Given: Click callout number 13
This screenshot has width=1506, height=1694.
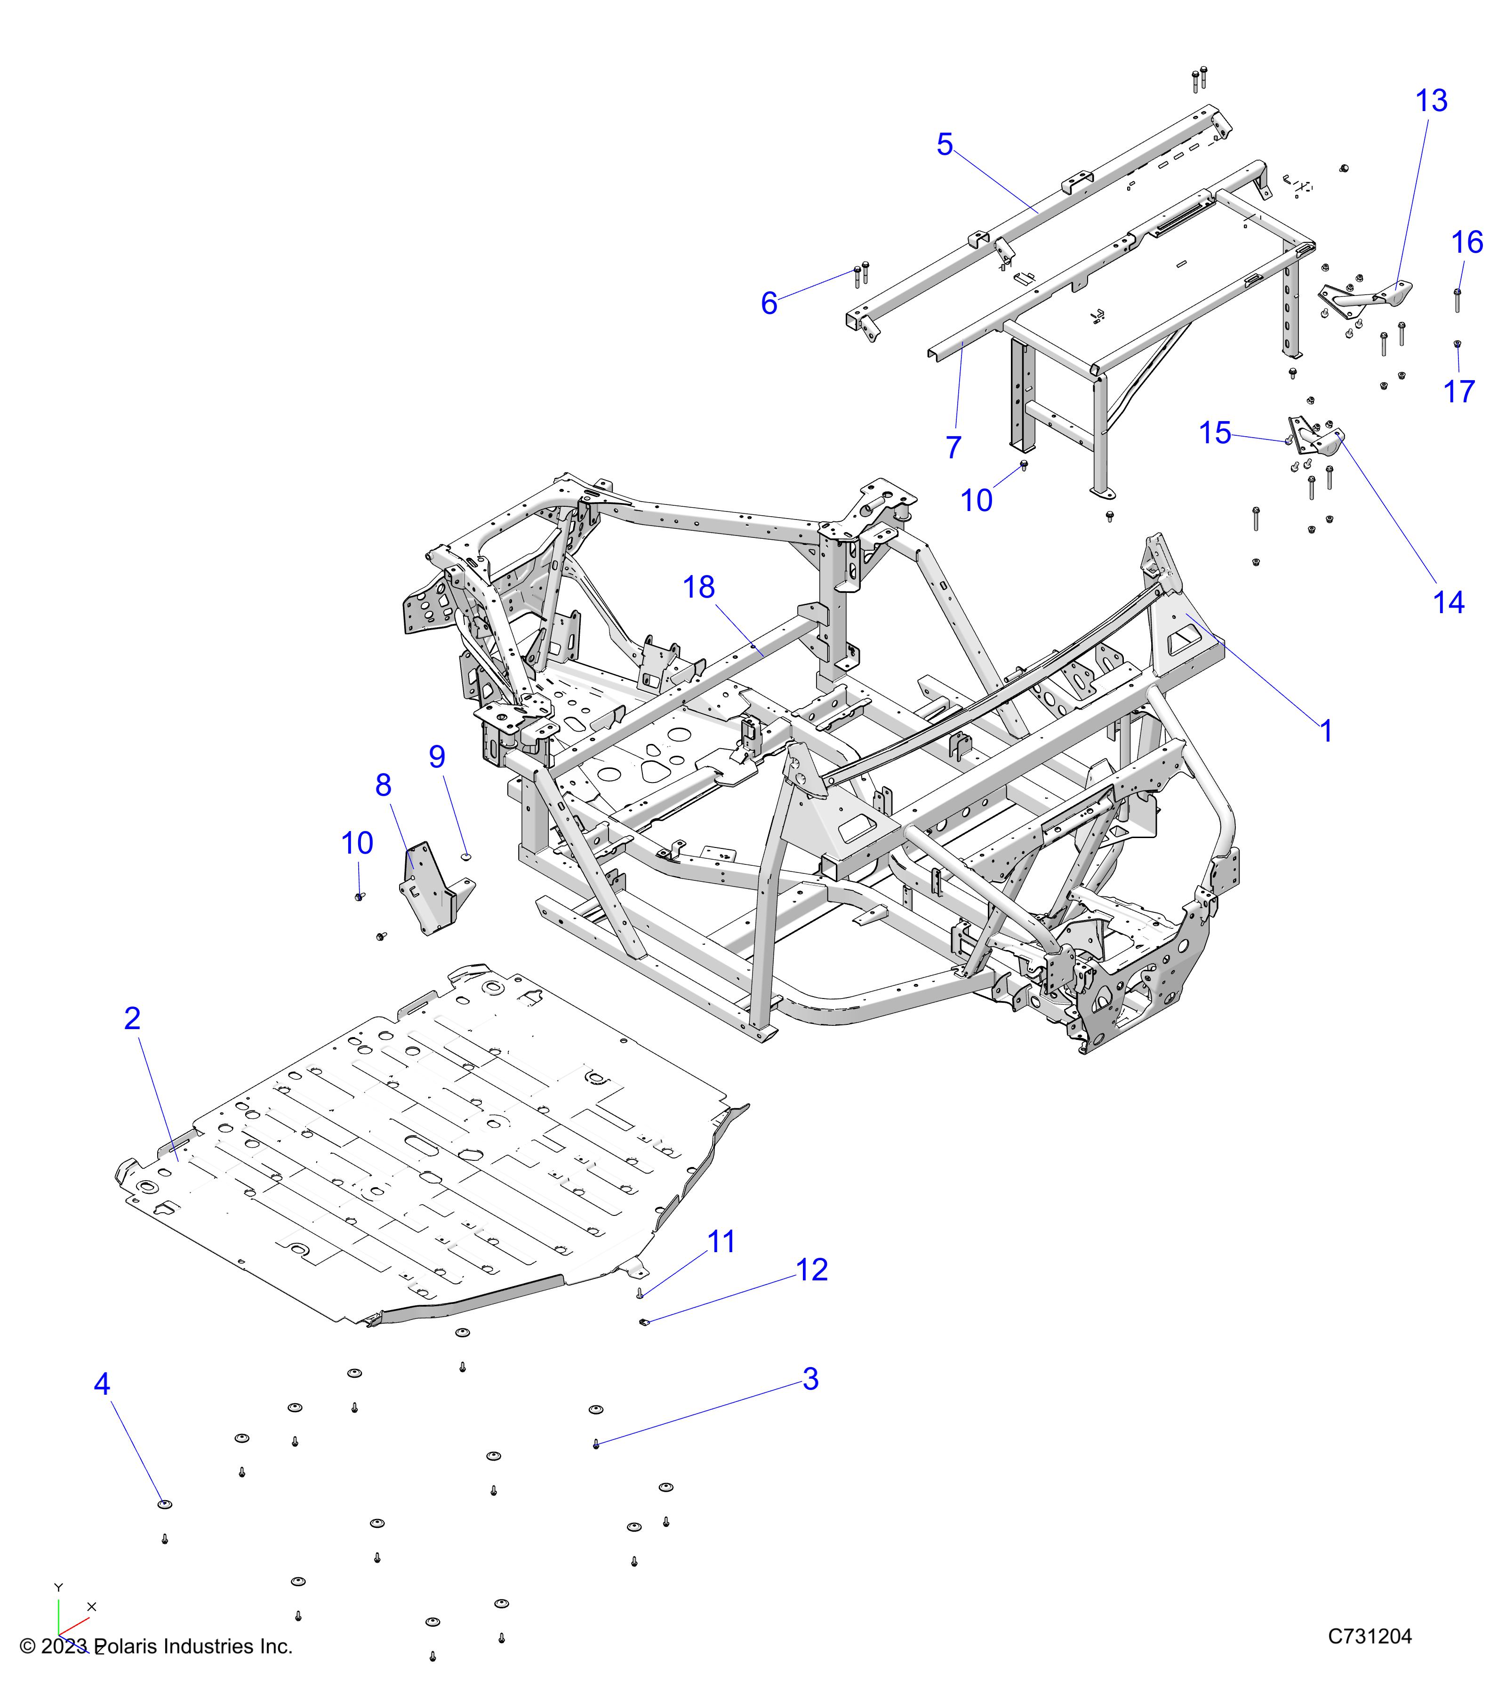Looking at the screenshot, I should (x=1431, y=101).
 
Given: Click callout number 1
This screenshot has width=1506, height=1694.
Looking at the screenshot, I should (x=1326, y=731).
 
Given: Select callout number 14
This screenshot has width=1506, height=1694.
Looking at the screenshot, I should (x=1449, y=602).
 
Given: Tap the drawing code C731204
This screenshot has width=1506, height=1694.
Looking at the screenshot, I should (x=1369, y=1636).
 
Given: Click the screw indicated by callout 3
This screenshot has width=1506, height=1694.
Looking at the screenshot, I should (x=596, y=1444).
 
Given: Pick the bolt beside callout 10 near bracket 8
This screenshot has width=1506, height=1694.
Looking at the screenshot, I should (x=359, y=897).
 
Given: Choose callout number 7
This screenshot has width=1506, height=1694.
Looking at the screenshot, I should (x=953, y=447).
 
